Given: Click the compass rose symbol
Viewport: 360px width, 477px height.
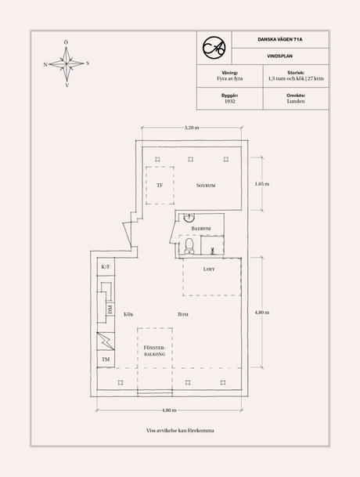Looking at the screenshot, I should (x=67, y=62).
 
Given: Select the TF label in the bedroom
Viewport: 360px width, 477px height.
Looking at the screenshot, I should (x=160, y=186).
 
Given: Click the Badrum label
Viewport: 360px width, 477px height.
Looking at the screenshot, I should (x=201, y=228).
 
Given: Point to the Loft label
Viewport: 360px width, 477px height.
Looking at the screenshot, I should (x=208, y=269).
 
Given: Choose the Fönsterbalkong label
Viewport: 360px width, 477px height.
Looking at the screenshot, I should (x=153, y=350).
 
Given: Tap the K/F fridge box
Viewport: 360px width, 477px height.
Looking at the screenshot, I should (x=105, y=268).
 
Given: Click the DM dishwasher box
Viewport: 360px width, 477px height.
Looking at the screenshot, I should (x=109, y=313).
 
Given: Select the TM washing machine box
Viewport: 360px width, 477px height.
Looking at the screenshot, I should (x=105, y=360).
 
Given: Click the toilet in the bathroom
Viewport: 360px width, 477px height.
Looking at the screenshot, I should (x=189, y=247).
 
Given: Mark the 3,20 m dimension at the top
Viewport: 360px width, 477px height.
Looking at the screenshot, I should (x=191, y=128).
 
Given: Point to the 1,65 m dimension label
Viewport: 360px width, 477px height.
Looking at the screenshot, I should (x=262, y=184).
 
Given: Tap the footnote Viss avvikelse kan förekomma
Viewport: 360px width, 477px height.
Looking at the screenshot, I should (x=180, y=431).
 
